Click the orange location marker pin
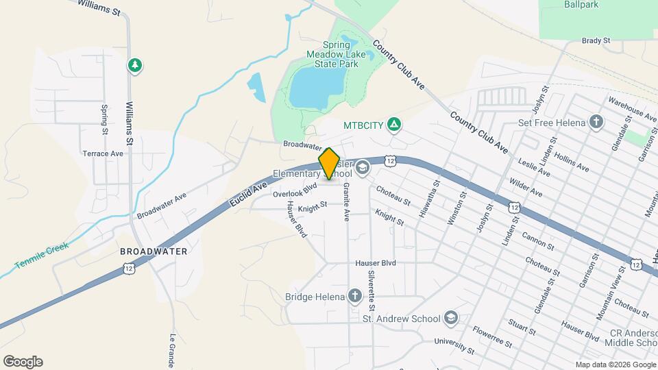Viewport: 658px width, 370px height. pos(330,163)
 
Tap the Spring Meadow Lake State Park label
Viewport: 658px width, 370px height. pos(336,54)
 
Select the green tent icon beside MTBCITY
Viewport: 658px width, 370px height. pos(393,125)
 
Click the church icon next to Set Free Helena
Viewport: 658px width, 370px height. pos(596,122)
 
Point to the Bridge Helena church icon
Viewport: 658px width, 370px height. pos(354,296)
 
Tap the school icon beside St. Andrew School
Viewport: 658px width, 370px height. pos(450,318)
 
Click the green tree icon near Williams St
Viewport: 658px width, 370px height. pos(135,65)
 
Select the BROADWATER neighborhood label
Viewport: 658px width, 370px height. pos(154,251)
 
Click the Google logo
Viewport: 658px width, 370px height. pos(23,362)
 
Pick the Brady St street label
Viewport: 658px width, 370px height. pos(596,41)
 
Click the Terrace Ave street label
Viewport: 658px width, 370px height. pos(103,153)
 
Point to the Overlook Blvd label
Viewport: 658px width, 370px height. pos(295,190)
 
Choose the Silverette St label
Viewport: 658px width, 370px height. pos(371,287)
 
